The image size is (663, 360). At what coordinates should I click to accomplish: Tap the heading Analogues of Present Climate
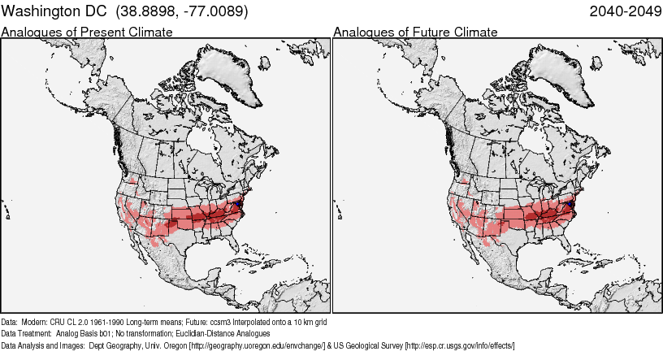point(87,32)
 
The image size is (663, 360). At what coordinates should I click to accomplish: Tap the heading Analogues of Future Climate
point(415,32)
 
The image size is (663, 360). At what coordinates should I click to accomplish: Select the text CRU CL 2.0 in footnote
point(73,321)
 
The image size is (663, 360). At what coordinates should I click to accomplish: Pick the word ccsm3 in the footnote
point(220,321)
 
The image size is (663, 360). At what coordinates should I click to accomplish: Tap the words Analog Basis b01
point(85,333)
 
